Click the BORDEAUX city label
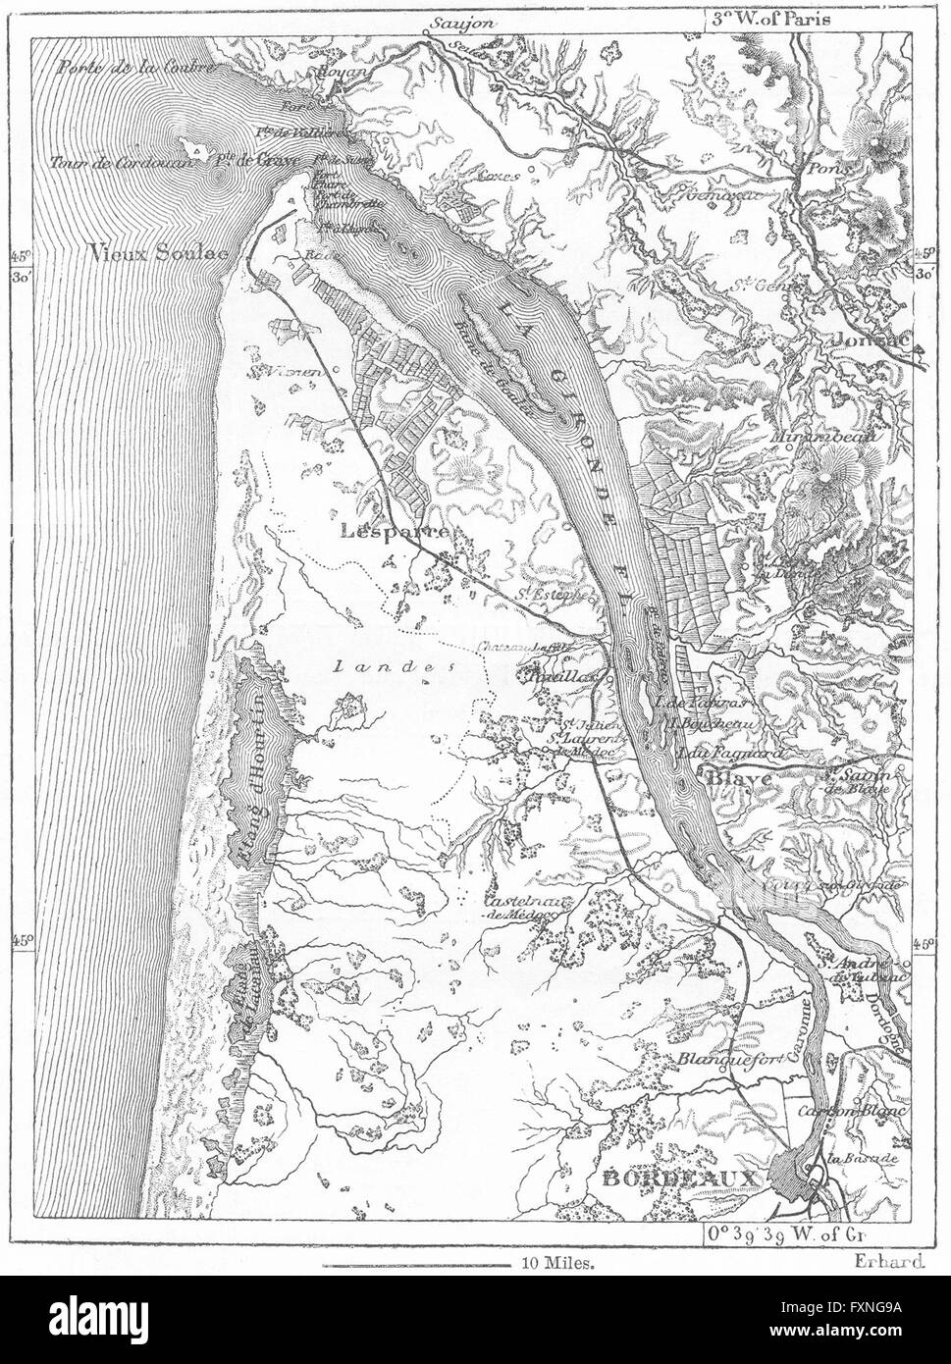coord(677,1178)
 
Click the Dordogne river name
coord(897,1021)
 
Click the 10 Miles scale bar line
coord(417,1265)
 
